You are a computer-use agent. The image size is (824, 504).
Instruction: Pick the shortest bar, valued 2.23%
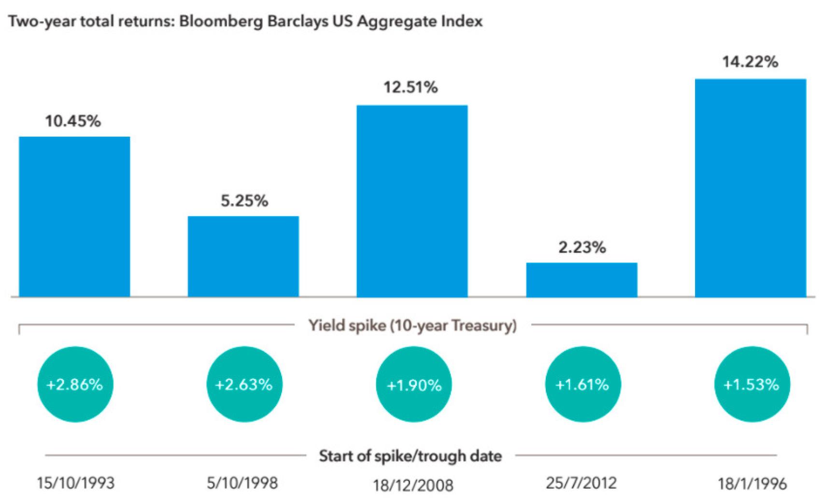582,280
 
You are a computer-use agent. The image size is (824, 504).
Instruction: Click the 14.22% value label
750,62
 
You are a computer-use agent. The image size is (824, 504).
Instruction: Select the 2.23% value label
582,247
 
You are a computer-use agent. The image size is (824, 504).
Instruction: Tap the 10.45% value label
73,121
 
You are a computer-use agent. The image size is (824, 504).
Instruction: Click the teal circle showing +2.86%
75,384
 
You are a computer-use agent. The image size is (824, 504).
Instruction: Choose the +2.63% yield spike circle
244,384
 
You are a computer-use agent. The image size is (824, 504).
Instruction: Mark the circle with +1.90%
413,385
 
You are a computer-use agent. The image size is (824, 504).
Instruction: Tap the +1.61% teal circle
582,384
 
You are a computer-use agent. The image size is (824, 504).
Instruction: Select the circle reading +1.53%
752,384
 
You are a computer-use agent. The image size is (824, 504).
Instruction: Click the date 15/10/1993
76,482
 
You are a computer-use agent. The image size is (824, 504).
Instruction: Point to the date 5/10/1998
242,482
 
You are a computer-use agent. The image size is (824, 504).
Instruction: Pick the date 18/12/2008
413,484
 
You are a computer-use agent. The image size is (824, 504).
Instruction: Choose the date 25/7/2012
581,482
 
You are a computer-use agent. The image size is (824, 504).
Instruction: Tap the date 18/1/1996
752,483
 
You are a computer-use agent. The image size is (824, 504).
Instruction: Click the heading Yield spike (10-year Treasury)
412,325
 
